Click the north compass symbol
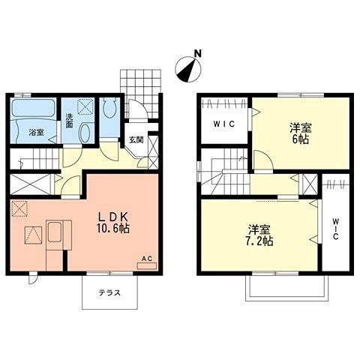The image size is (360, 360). click(x=187, y=70)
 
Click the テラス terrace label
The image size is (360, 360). click(x=108, y=293)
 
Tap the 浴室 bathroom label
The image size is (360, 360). click(x=36, y=133)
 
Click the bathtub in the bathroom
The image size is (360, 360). click(x=34, y=114)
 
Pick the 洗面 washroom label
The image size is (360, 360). click(x=69, y=121)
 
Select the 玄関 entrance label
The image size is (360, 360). click(x=136, y=139)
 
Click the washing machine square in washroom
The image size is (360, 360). click(x=85, y=109)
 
